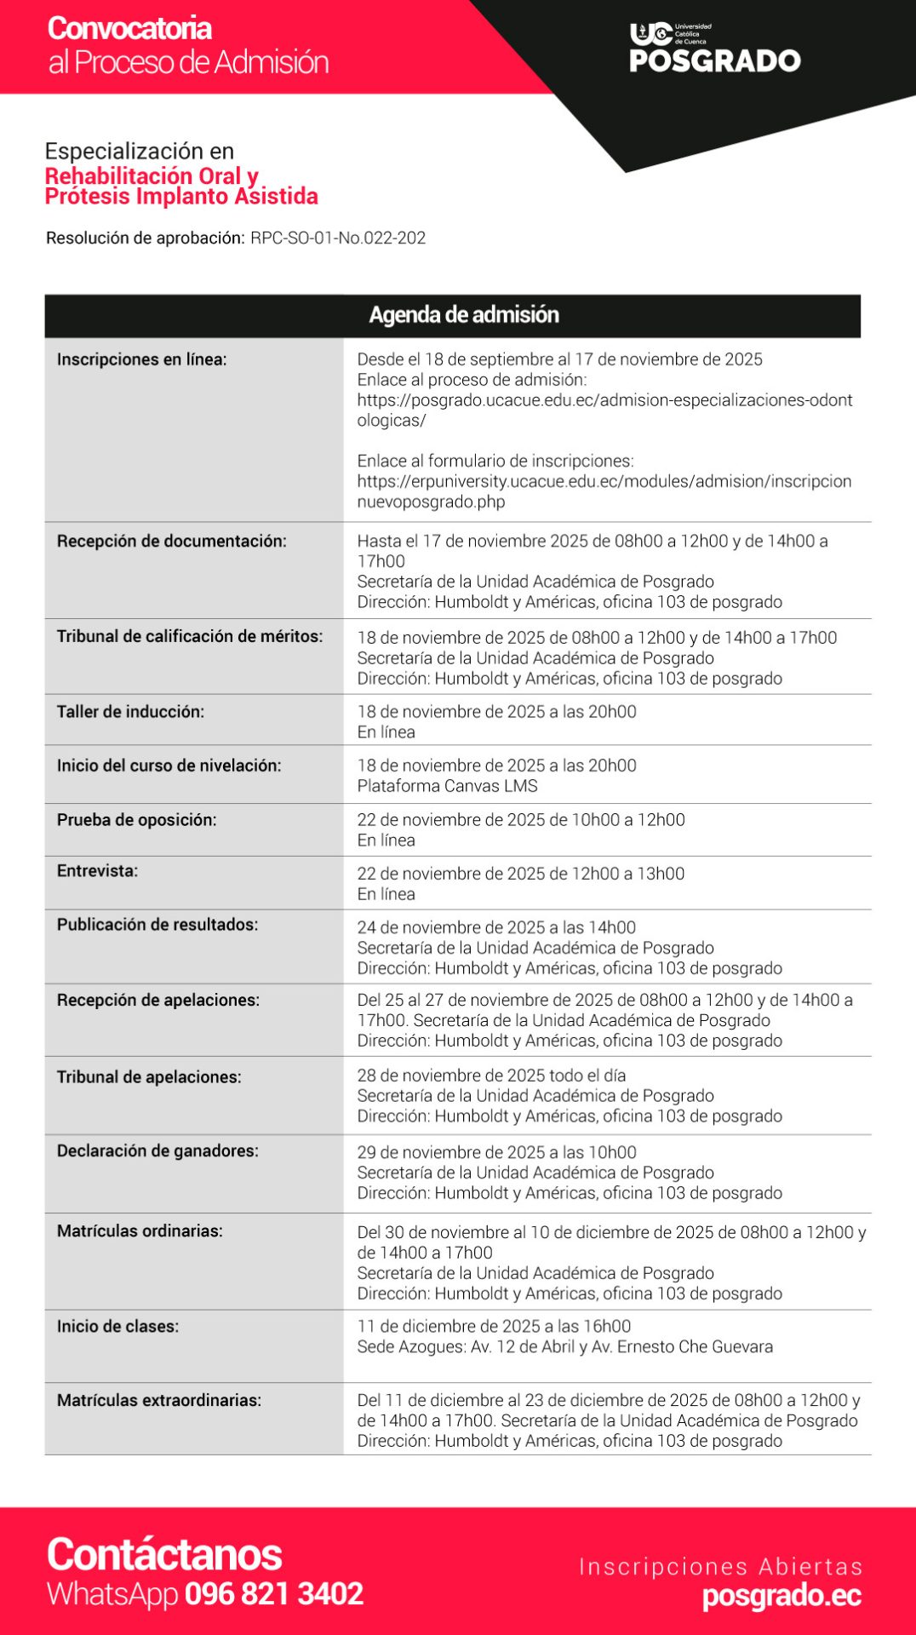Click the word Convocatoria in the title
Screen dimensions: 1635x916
(129, 28)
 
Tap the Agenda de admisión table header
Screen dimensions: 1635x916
(464, 315)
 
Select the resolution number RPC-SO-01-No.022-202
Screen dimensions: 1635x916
(338, 238)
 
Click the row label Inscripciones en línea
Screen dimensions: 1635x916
(142, 359)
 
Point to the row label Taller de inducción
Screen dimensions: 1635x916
(130, 712)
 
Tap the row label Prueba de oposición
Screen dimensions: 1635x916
(136, 820)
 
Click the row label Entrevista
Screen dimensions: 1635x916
(97, 871)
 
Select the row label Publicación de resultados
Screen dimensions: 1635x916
(157, 925)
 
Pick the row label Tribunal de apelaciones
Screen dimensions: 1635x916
(149, 1077)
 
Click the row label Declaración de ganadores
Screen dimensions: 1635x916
(157, 1151)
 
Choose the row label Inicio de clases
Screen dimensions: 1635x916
(117, 1327)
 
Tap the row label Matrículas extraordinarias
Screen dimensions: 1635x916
(159, 1401)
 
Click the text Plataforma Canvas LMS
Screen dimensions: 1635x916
(448, 786)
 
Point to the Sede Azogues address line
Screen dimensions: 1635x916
(565, 1347)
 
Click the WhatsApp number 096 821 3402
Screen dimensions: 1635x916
(274, 1594)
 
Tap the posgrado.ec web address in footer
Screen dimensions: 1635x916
(781, 1596)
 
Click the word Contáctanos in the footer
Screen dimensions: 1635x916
(164, 1554)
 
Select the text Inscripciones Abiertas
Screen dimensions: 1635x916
(720, 1567)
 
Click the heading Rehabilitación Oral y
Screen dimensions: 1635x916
(152, 176)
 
